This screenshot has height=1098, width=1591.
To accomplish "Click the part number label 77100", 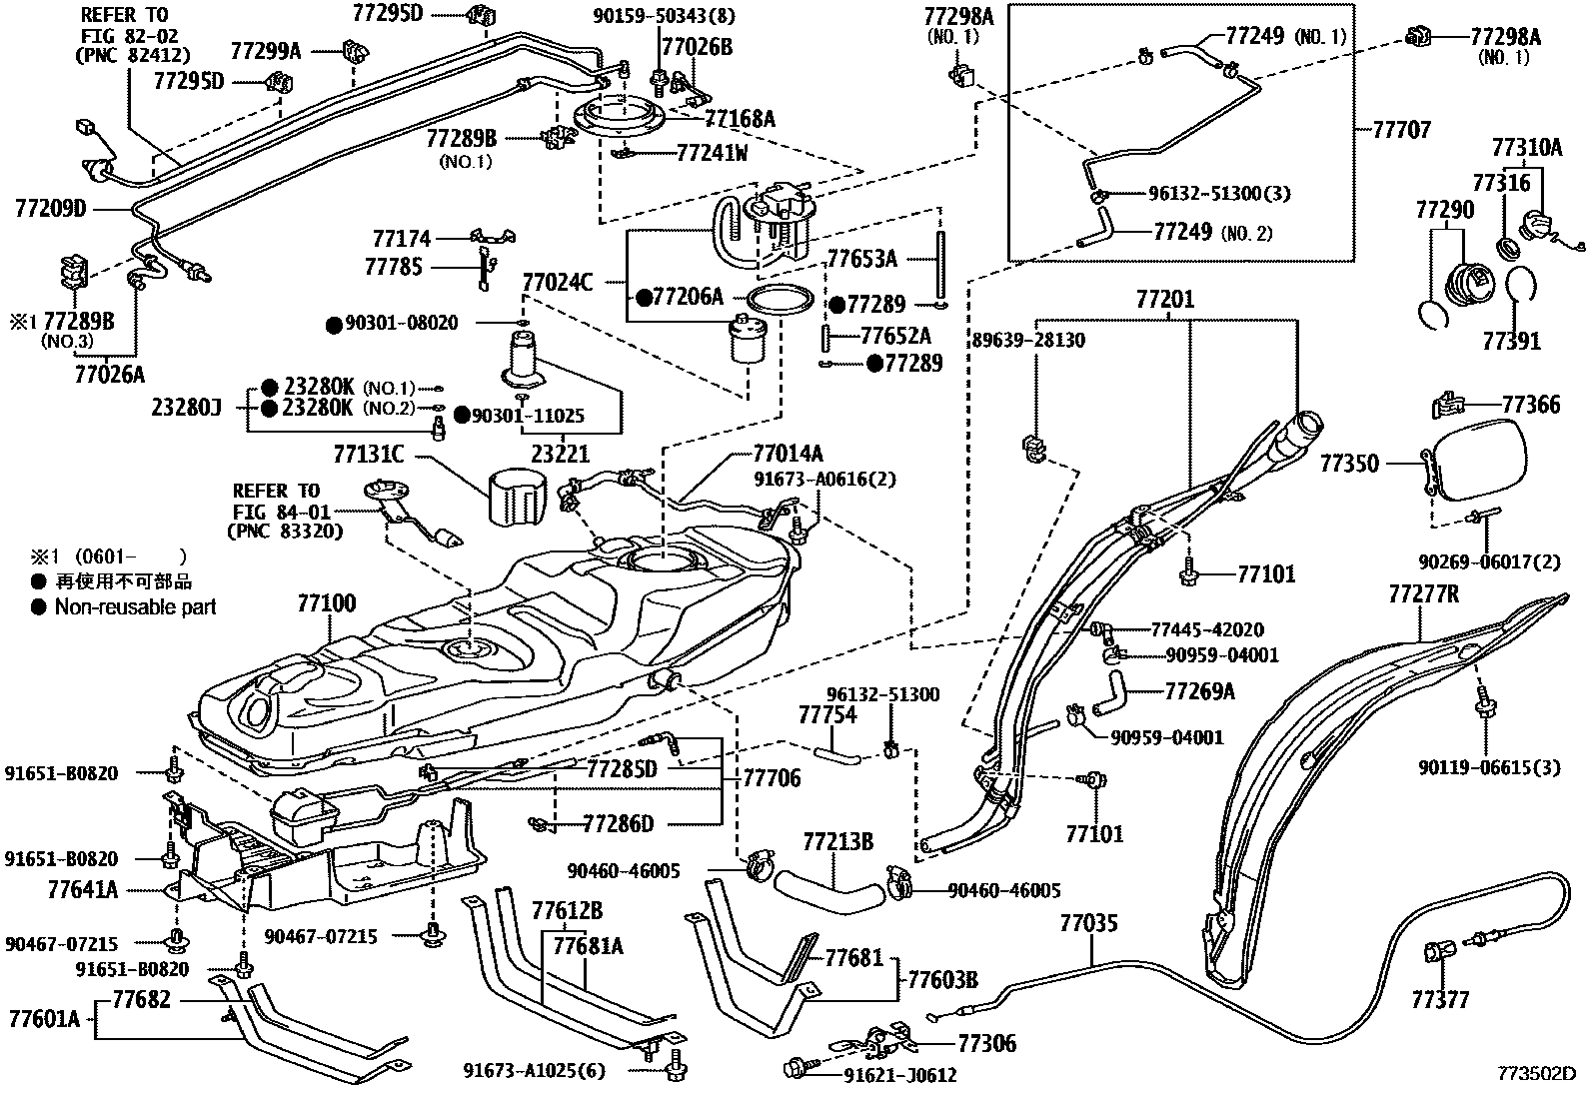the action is [x=326, y=603].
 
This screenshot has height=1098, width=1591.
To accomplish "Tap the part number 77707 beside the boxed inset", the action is [x=1401, y=130].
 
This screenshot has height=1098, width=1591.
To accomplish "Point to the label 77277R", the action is [x=1423, y=593].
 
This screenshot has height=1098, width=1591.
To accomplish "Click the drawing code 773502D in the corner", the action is [x=1536, y=1073].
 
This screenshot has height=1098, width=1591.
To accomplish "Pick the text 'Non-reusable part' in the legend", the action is [x=135, y=607].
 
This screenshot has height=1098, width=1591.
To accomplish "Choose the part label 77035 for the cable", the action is [x=1089, y=923].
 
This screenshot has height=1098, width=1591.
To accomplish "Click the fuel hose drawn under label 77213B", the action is [x=829, y=890].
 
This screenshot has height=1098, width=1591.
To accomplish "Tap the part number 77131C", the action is [x=369, y=454].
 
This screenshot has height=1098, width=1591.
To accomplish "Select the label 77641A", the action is [x=82, y=889].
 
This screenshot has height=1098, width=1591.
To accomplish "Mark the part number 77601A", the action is [x=45, y=1019].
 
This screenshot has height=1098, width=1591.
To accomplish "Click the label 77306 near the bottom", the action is [x=986, y=1043].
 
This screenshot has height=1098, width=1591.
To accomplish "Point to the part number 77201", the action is [x=1165, y=299].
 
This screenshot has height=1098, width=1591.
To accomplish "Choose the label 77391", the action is [x=1511, y=342].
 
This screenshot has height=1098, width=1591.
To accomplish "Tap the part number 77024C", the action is [x=558, y=283].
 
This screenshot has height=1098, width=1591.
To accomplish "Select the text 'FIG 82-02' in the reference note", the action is [x=129, y=36].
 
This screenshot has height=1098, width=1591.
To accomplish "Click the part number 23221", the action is [x=561, y=454].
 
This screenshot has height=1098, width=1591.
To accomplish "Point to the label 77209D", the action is [x=50, y=209].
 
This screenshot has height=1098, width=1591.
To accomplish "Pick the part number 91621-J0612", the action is [x=899, y=1076].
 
